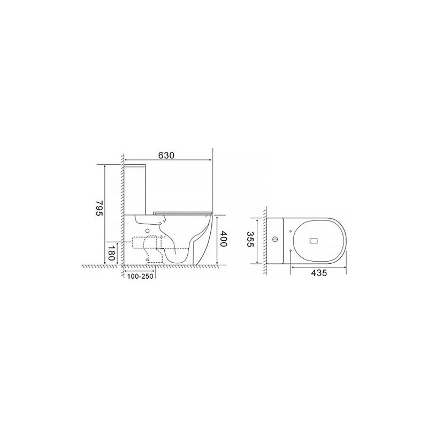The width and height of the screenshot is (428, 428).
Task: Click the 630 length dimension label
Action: pos(166,155)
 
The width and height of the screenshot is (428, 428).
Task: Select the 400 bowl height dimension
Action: pos(223,239)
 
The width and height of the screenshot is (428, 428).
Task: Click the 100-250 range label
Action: pos(140,276)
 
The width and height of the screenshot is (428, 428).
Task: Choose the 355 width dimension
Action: pos(250,239)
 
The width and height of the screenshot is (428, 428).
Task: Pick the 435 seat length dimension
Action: pos(319,272)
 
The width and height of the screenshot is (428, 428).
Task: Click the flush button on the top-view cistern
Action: pos(275,240)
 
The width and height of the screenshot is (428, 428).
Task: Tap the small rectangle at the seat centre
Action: pos(314,240)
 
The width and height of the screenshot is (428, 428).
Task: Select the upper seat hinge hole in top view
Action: pos(290,231)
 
